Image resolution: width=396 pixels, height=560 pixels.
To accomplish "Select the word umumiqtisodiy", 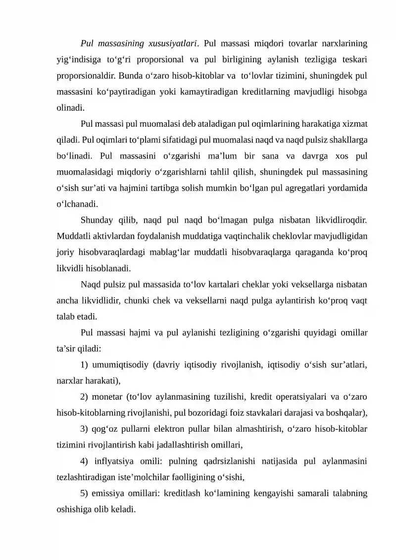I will (121, 365).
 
